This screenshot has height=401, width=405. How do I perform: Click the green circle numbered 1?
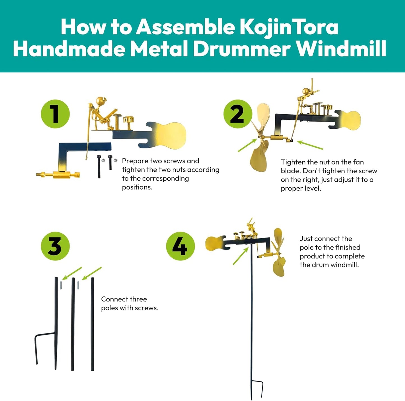[x=55, y=114]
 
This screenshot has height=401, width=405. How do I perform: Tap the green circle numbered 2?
[x=238, y=114]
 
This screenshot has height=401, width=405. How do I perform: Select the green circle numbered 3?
[x=55, y=246]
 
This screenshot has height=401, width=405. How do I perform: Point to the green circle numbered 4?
[x=180, y=246]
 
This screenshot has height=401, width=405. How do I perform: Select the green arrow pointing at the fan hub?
[x=247, y=145]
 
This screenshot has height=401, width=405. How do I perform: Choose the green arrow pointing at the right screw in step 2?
[x=310, y=145]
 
